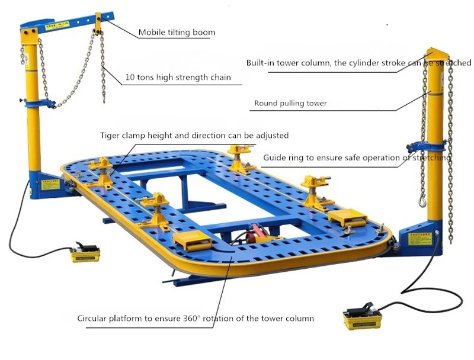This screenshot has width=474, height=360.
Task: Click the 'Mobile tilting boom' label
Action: point(177,32)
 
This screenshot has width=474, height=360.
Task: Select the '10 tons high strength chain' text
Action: point(178,77)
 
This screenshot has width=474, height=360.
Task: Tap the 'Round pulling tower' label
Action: point(290,103)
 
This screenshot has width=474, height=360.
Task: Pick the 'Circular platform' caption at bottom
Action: point(196,319)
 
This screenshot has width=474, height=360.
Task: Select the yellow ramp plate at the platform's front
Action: point(190,242)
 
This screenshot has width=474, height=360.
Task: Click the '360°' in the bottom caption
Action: point(212,319)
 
